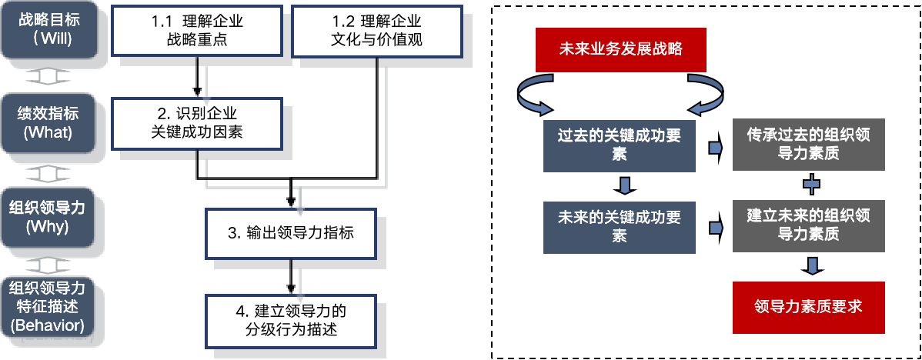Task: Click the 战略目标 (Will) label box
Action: [x=48, y=29]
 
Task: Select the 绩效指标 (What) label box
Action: [x=48, y=122]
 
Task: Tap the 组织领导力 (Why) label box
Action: [x=48, y=217]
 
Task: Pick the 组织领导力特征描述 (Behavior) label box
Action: [x=48, y=306]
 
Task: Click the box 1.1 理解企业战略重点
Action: [x=195, y=30]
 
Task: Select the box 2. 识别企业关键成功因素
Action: [x=197, y=123]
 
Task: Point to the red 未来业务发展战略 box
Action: [x=621, y=50]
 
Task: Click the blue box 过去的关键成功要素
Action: [x=620, y=145]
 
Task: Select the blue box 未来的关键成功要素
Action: [x=620, y=228]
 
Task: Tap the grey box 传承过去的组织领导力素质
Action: [x=809, y=145]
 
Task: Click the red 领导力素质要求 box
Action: [x=808, y=306]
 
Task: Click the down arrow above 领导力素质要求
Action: [x=811, y=266]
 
